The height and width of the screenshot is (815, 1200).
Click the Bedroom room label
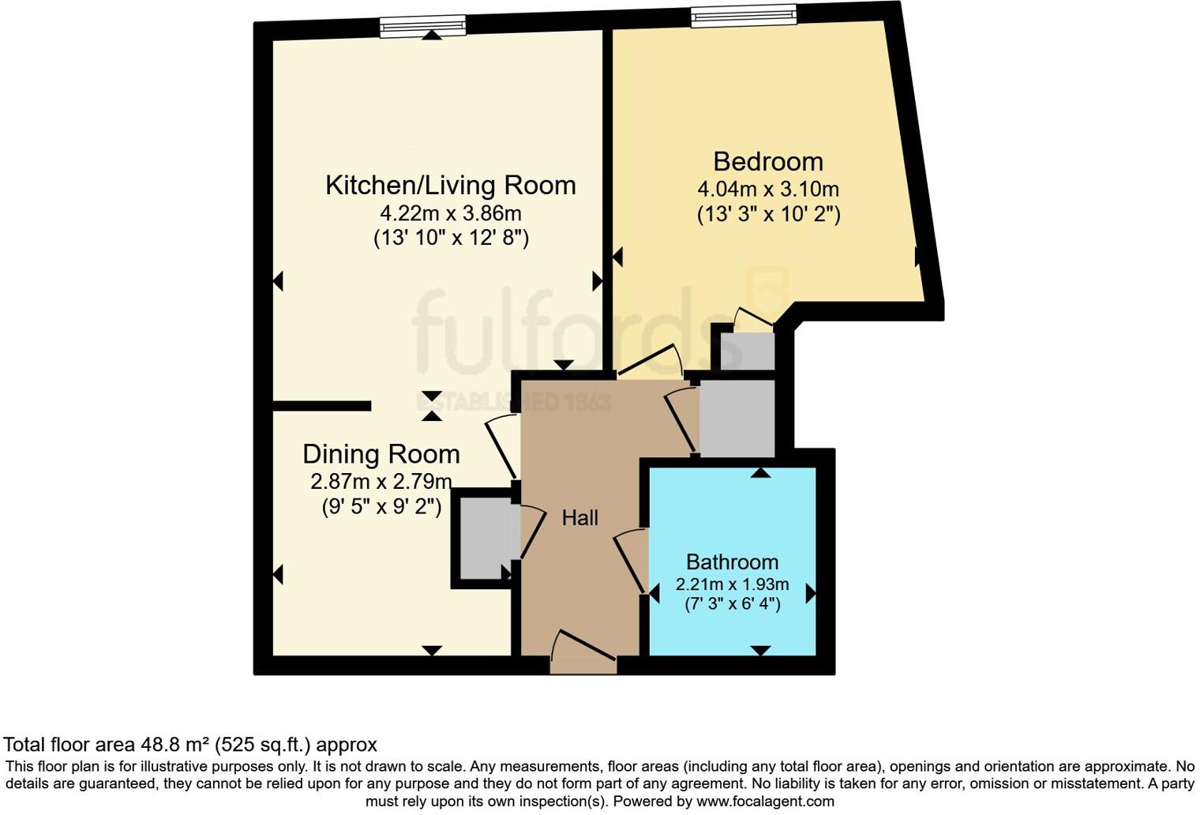[767, 162]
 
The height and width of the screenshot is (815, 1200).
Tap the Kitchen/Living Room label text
[450, 186]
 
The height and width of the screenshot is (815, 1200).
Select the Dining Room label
[381, 454]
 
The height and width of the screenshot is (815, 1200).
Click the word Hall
[579, 518]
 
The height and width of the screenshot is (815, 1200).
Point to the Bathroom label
[732, 562]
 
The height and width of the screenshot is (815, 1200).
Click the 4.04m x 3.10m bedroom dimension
[767, 190]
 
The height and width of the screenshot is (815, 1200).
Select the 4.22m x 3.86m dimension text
[450, 213]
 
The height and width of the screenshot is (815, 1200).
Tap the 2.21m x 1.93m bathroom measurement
[732, 585]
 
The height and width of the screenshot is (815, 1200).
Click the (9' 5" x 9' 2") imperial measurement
[381, 506]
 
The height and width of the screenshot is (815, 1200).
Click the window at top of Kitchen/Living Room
[422, 27]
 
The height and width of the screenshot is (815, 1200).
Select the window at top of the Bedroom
[743, 16]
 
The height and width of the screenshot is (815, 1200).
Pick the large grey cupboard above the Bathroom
[737, 419]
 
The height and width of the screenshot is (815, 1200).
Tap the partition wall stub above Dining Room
[321, 406]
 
